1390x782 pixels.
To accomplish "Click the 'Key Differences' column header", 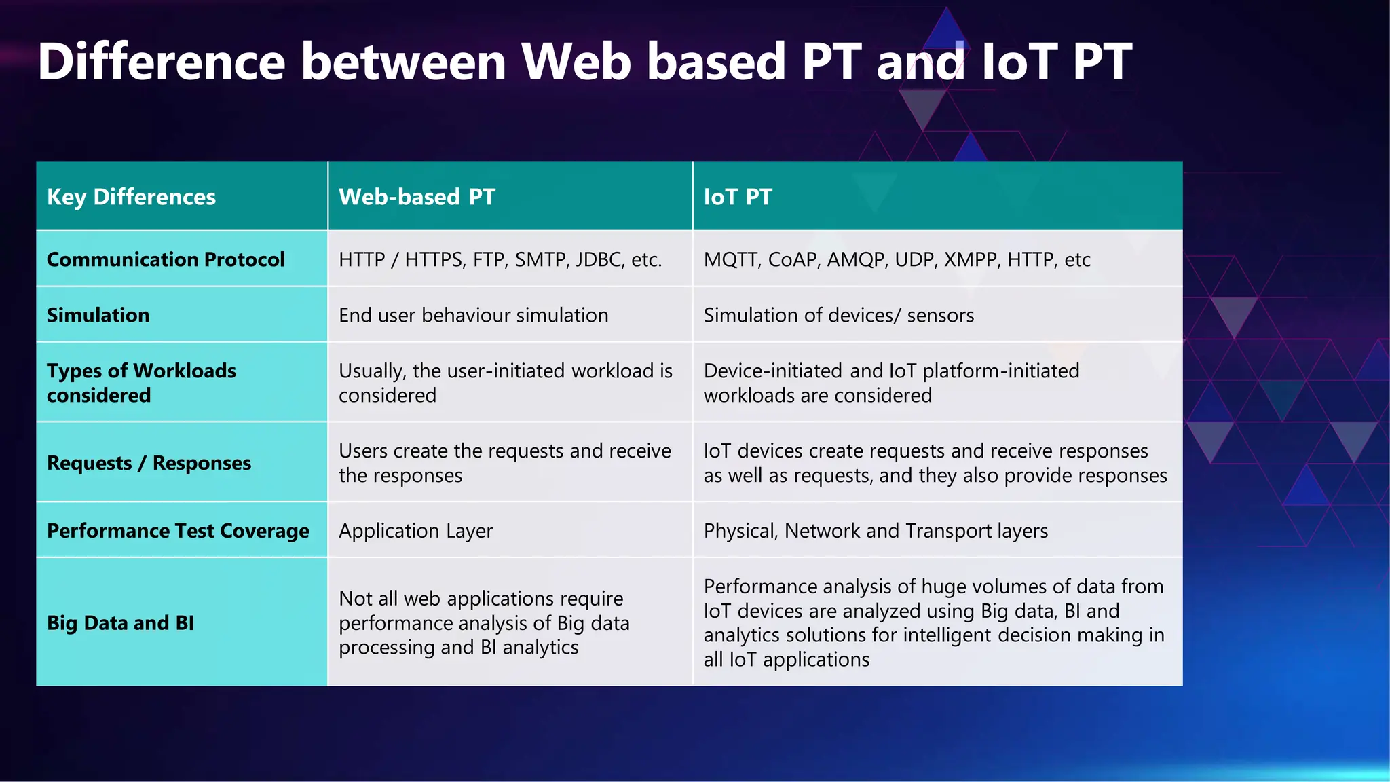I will [131, 197].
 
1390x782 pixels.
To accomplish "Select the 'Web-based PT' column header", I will [417, 197].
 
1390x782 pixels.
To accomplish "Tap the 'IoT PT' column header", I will [738, 197].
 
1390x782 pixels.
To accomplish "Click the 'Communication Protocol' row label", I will [166, 259].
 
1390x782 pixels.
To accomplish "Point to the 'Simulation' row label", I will [98, 315].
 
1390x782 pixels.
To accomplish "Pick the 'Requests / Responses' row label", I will [149, 463].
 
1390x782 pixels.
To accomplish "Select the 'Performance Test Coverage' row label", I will [178, 531].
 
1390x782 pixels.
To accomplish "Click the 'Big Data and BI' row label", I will [120, 623].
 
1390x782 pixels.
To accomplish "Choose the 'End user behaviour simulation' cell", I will [473, 315].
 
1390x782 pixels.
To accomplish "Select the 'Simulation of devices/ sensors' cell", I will [838, 315].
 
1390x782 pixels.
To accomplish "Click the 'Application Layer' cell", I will [415, 531].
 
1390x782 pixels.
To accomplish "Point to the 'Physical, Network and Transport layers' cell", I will [876, 531].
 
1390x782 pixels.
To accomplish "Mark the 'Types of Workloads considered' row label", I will [141, 383].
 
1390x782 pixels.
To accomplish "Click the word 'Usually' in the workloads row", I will [372, 371].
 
